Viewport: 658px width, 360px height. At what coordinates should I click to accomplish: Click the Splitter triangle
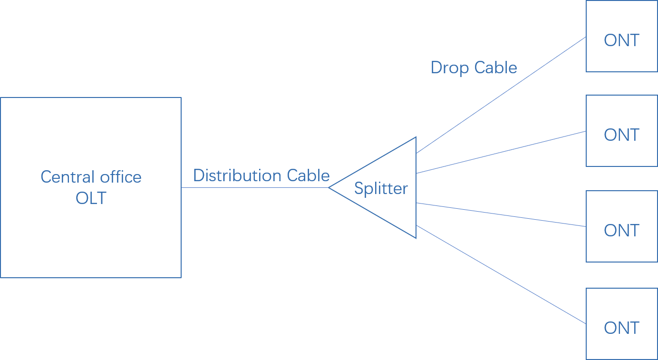click(x=390, y=209)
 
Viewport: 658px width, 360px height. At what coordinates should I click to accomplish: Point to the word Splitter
click(x=381, y=189)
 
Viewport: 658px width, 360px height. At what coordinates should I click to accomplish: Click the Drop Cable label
click(x=474, y=68)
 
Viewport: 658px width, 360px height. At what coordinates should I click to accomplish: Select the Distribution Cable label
click(x=261, y=175)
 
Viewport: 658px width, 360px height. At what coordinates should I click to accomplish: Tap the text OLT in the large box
click(x=91, y=198)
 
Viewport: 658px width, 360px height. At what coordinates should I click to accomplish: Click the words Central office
click(x=91, y=177)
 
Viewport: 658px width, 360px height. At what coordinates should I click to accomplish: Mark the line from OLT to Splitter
click(x=254, y=187)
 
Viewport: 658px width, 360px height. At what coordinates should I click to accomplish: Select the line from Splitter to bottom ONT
click(x=500, y=274)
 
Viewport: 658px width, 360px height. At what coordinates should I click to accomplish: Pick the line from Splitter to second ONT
click(x=500, y=152)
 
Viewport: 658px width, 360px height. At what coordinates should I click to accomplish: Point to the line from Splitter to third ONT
click(x=500, y=215)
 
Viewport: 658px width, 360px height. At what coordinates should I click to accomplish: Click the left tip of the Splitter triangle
click(x=329, y=187)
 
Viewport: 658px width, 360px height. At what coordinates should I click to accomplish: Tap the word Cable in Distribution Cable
click(x=308, y=175)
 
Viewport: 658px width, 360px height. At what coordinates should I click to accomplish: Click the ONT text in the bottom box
click(x=621, y=328)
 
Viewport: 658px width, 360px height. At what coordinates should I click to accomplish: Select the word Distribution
click(x=238, y=175)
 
